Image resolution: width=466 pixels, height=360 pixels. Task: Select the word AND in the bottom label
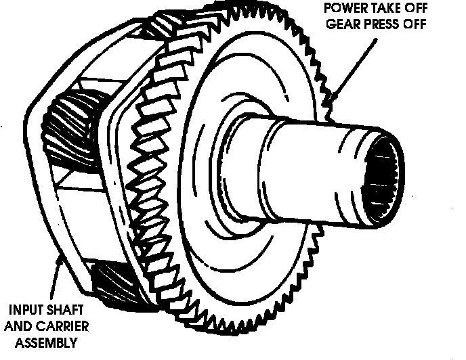(x=20, y=326)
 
